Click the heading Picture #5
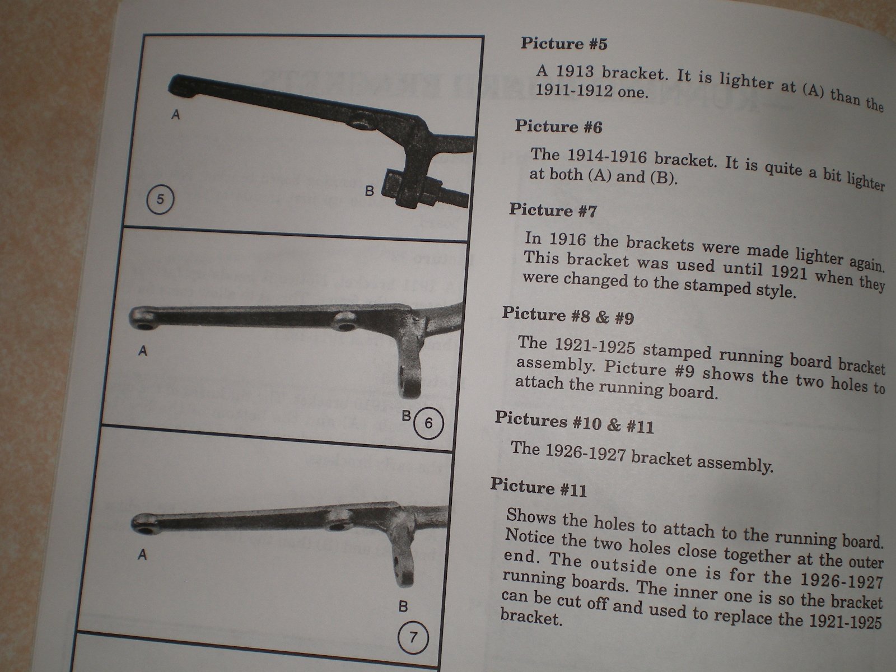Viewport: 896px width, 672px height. coord(564,44)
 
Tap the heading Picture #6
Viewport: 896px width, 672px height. coord(558,127)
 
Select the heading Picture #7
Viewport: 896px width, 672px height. coord(553,210)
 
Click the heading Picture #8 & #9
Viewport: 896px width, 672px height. coord(568,315)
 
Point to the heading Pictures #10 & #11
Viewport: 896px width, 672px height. coord(574,422)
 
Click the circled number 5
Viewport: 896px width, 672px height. coord(160,199)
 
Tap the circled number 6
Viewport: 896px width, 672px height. coord(428,423)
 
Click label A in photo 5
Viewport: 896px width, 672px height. coord(175,115)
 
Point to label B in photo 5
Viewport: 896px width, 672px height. coord(369,191)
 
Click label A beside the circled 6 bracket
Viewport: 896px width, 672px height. coord(142,351)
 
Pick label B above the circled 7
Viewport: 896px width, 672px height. coord(403,606)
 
